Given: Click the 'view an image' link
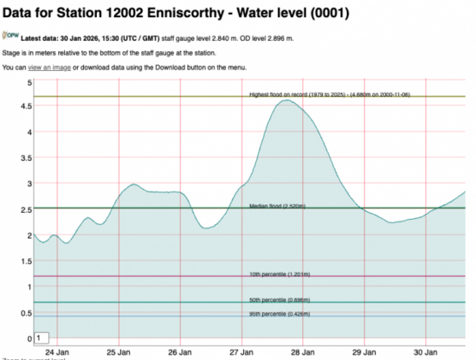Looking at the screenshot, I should [x=42, y=67].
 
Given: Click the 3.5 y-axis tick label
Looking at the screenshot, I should [x=27, y=158].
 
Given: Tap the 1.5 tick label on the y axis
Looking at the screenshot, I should [x=27, y=260].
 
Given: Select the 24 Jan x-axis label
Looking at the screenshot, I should [x=56, y=352].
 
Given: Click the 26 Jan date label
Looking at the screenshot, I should [x=179, y=352].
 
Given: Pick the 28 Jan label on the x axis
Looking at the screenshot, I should [x=302, y=352].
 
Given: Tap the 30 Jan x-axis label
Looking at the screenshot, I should [x=425, y=352].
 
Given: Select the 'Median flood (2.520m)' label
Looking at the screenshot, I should [x=279, y=205].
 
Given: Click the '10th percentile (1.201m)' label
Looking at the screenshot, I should [x=280, y=273].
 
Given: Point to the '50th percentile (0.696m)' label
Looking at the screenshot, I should [x=280, y=299].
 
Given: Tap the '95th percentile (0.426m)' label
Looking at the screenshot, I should [x=280, y=313].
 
